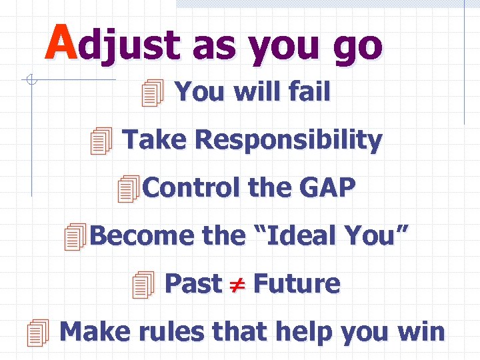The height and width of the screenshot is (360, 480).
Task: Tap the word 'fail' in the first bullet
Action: tap(309, 92)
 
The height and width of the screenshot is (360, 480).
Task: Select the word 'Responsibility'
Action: tap(288, 141)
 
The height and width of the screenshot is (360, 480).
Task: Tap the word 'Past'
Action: tap(193, 283)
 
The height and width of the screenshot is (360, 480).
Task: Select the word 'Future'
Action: tap(297, 283)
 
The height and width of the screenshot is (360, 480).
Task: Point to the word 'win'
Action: tap(422, 331)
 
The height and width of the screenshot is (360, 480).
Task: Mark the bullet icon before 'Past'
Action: tap(143, 285)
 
